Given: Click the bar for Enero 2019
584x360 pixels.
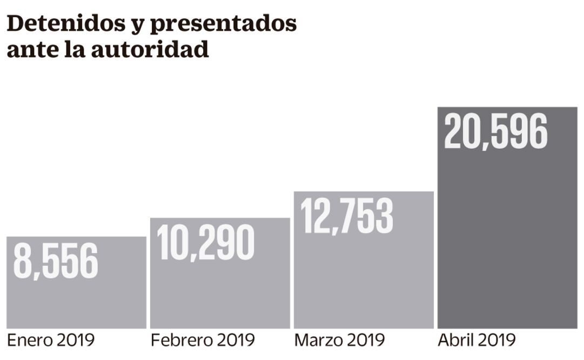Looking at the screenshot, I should click(76, 303).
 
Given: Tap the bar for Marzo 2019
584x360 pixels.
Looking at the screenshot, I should click(364, 281).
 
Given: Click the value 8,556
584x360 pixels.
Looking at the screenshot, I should click(56, 261).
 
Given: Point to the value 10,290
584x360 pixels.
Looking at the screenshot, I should click(206, 243).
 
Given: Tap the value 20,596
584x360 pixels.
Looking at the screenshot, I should click(495, 131).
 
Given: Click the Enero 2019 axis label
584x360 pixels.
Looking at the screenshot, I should click(51, 341).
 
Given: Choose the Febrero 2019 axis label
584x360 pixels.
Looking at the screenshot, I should click(203, 341).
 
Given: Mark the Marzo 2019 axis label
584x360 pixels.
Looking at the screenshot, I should click(339, 341).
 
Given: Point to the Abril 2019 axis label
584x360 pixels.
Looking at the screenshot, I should click(476, 341).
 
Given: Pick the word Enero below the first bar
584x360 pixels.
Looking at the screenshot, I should click(30, 341).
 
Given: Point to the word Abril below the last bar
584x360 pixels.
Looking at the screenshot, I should click(455, 341).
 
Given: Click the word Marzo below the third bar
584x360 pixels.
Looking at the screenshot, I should click(318, 341).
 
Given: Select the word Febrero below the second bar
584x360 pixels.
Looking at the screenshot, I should click(181, 341).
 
